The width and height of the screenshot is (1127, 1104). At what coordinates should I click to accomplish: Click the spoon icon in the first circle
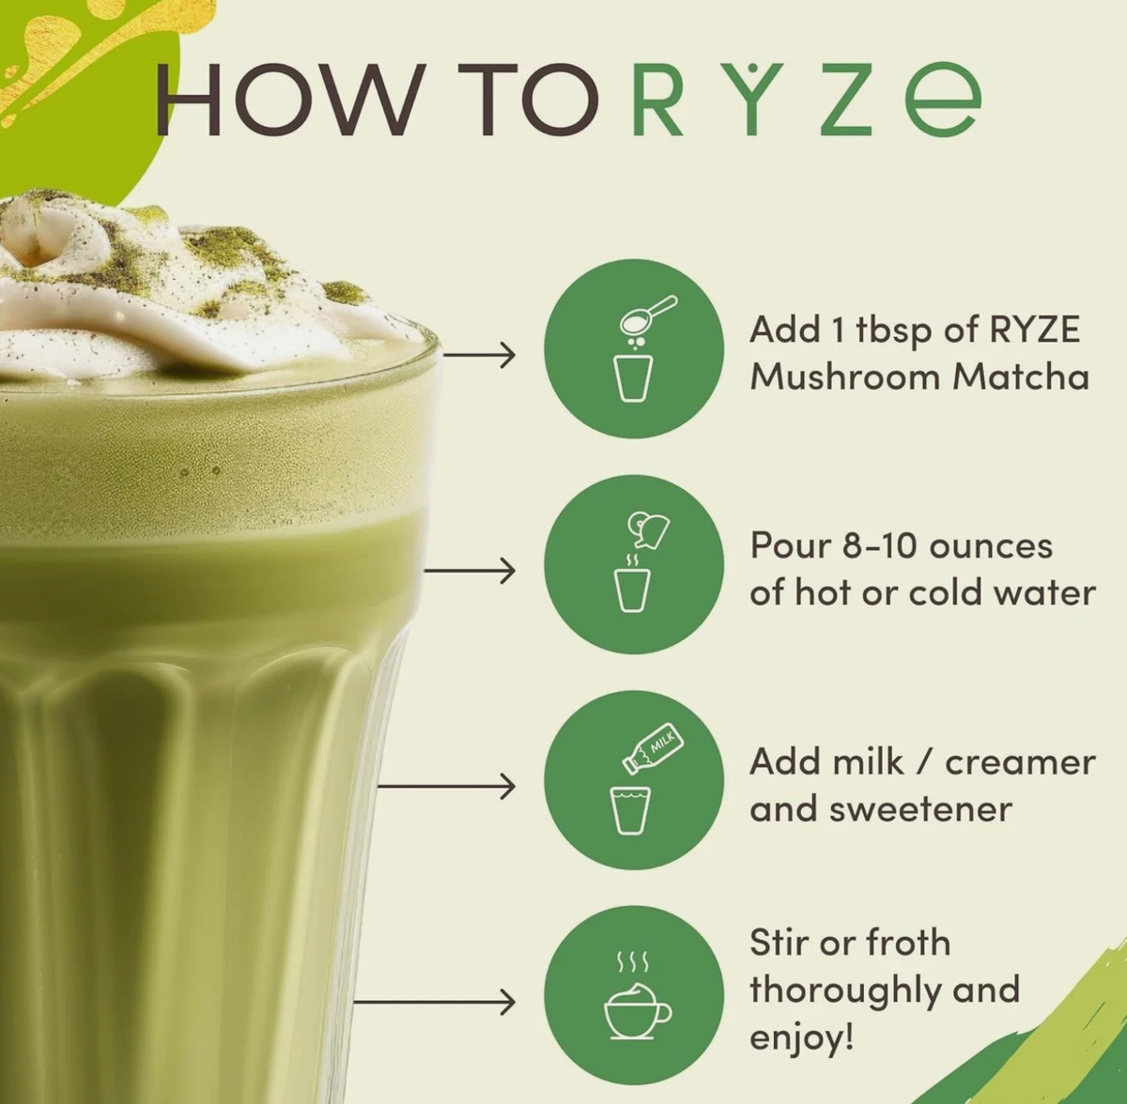(648, 315)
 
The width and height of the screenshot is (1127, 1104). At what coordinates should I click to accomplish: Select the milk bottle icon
(653, 749)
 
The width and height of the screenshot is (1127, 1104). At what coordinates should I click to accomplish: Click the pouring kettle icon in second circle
(647, 530)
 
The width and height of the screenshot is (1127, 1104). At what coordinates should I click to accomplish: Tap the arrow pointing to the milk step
(446, 787)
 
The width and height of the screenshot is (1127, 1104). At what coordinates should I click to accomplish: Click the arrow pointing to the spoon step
(479, 354)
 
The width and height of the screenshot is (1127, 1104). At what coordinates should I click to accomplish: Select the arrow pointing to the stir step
(435, 1002)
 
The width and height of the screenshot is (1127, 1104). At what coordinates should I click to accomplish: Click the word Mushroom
(845, 377)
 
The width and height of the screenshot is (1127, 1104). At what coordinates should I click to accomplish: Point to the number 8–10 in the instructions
(880, 546)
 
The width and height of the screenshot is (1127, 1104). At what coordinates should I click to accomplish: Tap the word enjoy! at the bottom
(802, 1038)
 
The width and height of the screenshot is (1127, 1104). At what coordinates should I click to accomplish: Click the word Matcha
(1020, 377)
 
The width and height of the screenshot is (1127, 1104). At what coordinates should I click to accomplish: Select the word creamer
(1020, 763)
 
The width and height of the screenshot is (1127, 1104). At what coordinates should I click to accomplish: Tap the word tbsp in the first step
(896, 331)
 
